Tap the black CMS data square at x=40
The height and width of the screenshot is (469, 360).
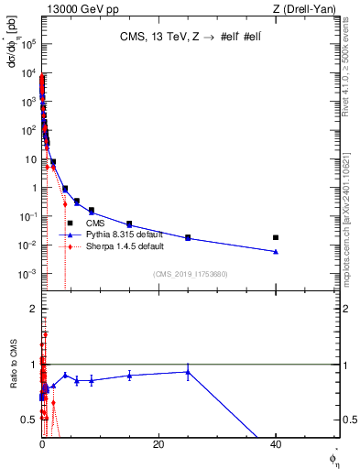click(276, 237)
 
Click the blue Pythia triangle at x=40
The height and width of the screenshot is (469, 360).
click(276, 251)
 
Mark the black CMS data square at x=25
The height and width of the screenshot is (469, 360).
click(188, 237)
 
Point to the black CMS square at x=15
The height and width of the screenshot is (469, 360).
click(129, 224)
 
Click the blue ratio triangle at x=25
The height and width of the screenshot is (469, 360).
click(188, 371)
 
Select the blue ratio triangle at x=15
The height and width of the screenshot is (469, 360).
click(129, 376)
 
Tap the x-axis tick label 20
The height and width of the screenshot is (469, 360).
click(158, 444)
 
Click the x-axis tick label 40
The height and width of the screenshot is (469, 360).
click(276, 444)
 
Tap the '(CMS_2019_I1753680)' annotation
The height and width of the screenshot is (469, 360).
click(190, 274)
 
